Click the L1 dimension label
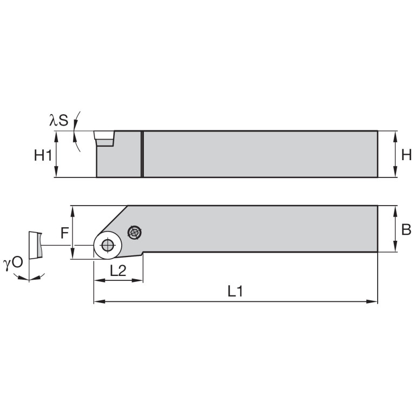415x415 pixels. [234, 292]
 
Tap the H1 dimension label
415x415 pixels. [43, 155]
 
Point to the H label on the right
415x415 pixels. [406, 155]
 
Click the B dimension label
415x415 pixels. [406, 229]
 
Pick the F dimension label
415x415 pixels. [64, 233]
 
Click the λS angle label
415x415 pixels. [59, 120]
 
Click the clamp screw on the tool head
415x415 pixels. [134, 233]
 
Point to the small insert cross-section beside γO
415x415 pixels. [34, 245]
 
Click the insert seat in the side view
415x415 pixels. [104, 138]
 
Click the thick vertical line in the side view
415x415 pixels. [142, 154]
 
